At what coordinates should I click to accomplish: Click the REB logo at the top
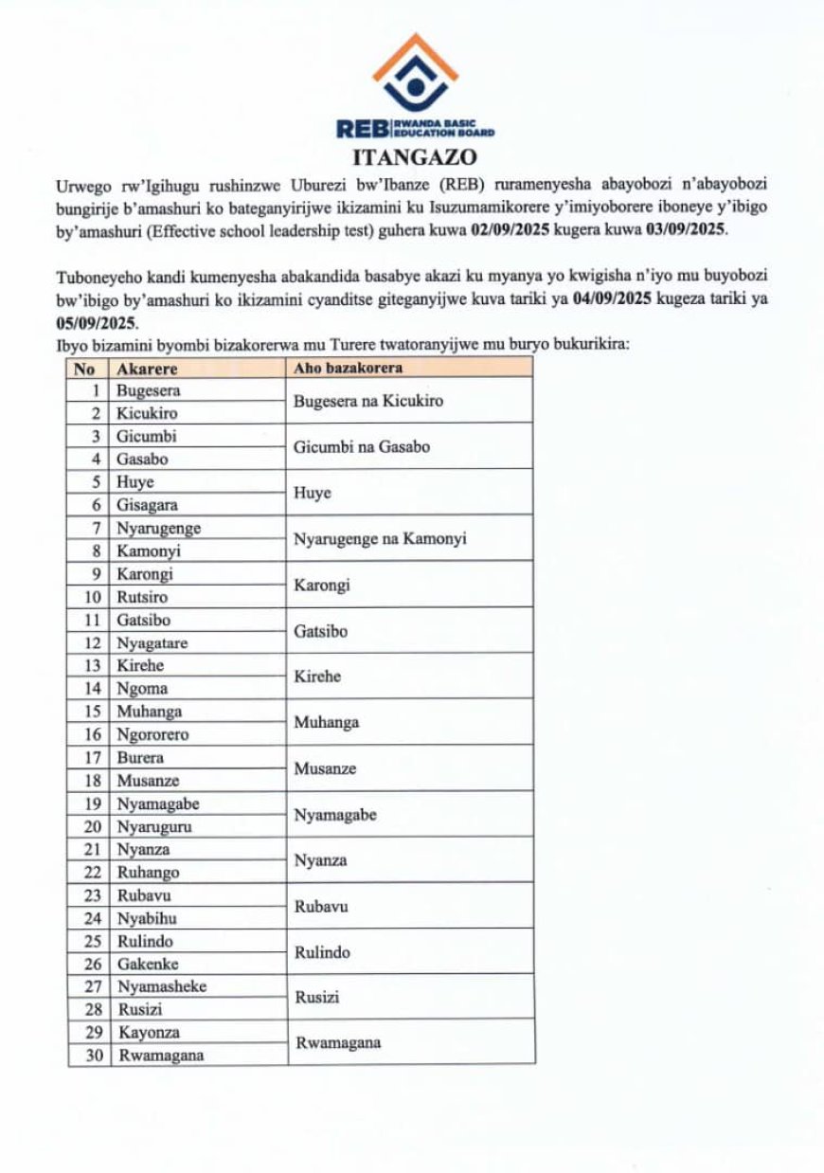[x=415, y=86]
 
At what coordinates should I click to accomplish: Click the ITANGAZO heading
[x=414, y=156]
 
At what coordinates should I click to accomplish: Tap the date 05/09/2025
[x=95, y=322]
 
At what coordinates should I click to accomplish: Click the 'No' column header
[x=84, y=368]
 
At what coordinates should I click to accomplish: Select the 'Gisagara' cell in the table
[x=147, y=505]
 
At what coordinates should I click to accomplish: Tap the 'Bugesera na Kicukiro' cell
[x=368, y=401]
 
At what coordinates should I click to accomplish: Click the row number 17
[x=93, y=757]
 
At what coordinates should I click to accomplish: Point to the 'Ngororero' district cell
[x=152, y=734]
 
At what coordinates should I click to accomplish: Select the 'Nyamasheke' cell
[x=161, y=986]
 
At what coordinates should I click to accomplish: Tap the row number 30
[x=93, y=1056]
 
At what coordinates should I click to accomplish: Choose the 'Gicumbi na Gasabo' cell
[x=362, y=446]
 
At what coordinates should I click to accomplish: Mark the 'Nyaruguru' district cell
[x=154, y=826]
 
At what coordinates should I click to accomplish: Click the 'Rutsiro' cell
[x=144, y=597]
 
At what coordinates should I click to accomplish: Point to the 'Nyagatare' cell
[x=152, y=642]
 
